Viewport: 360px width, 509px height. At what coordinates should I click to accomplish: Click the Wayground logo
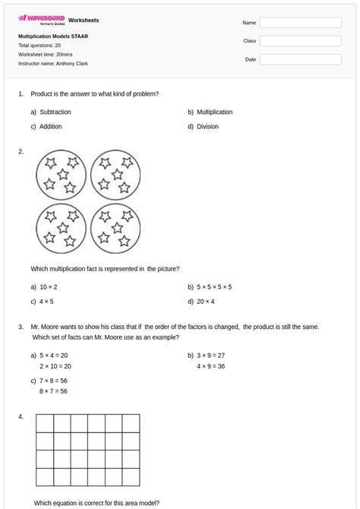42,19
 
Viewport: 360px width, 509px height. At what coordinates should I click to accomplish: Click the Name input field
300,23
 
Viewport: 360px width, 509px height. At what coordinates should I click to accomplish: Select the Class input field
300,41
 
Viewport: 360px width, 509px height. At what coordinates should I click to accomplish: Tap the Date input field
300,59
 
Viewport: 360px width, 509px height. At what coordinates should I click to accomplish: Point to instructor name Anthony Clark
52,63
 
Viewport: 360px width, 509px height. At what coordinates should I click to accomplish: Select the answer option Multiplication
214,112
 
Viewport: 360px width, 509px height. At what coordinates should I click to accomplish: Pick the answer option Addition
51,127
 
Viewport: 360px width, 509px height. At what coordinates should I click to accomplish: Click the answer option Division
207,127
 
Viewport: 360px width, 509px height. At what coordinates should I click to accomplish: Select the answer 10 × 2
49,287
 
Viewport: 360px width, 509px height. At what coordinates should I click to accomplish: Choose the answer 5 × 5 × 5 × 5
214,287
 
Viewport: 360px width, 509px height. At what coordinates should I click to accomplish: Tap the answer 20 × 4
206,302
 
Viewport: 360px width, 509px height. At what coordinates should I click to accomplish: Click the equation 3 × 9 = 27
210,355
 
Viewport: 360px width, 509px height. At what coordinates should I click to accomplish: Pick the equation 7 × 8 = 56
53,381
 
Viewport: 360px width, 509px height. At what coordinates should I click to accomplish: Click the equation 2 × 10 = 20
55,365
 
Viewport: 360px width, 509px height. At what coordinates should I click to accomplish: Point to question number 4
21,416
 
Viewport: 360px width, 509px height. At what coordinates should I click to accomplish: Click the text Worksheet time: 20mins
46,54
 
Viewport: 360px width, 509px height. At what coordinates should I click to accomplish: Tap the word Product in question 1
43,93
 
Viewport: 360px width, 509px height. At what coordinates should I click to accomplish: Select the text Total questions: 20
39,45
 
